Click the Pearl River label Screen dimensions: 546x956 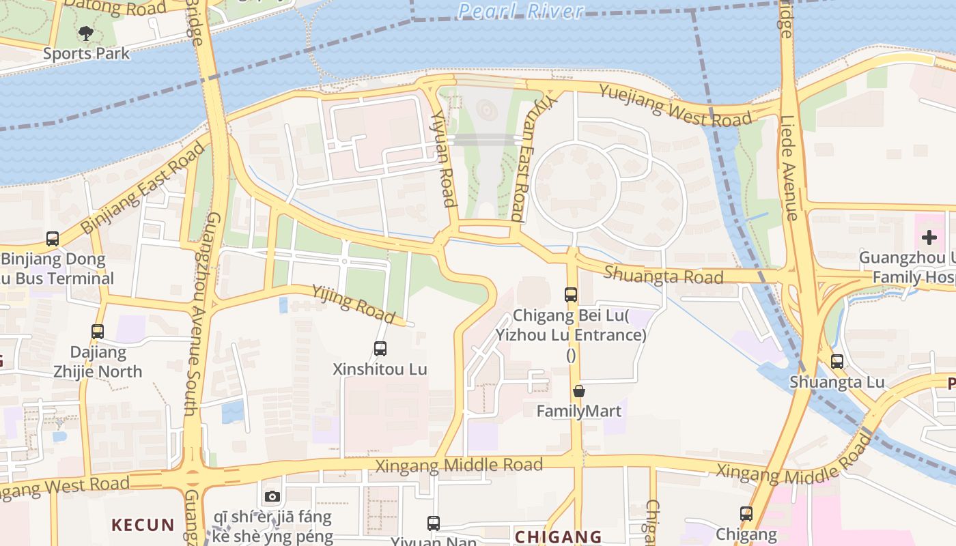[520, 11]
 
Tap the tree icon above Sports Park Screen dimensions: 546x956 [86, 33]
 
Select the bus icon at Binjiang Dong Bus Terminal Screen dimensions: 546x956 [53, 239]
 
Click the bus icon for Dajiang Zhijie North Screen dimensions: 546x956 [98, 332]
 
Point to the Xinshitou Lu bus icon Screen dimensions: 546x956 [380, 349]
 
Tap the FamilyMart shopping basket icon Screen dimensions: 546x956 [579, 391]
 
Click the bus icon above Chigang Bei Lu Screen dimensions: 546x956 [571, 295]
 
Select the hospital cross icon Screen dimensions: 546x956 [929, 238]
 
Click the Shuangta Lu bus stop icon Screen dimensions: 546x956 [837, 362]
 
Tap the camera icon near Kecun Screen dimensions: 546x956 [272, 496]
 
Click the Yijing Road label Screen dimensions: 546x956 [353, 304]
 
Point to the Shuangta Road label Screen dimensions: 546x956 [663, 275]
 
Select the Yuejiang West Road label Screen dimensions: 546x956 [675, 104]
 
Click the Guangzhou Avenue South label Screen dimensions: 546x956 [202, 314]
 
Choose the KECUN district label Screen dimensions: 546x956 [143, 525]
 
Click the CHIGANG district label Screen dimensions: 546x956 [558, 536]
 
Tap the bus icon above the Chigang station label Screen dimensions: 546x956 [746, 514]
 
